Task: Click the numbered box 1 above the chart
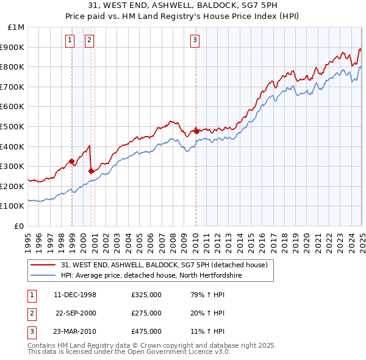click(70, 41)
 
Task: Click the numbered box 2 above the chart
click(89, 41)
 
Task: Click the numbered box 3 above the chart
click(195, 41)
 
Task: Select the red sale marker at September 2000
click(91, 171)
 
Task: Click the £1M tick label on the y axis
click(16, 27)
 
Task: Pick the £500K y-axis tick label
click(13, 126)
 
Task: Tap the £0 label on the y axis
click(20, 226)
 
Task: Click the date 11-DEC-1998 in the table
click(75, 295)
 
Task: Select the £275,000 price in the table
click(146, 313)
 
